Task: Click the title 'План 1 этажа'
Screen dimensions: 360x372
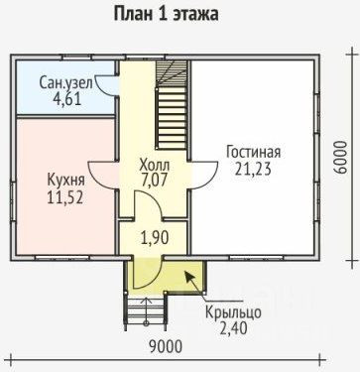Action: pyautogui.click(x=166, y=14)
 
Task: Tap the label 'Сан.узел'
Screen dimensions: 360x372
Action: pyautogui.click(x=66, y=83)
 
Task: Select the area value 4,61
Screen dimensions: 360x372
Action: pyautogui.click(x=66, y=99)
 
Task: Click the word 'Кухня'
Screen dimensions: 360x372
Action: pyautogui.click(x=66, y=180)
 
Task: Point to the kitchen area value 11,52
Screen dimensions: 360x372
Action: pyautogui.click(x=64, y=197)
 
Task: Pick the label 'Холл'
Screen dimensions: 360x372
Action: pyautogui.click(x=155, y=164)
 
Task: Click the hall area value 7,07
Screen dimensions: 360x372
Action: pyautogui.click(x=154, y=181)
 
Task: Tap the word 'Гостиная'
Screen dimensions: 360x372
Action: pyautogui.click(x=254, y=153)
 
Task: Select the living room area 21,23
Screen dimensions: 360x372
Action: pyautogui.click(x=253, y=169)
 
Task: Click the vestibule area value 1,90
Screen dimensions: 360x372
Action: pyautogui.click(x=155, y=237)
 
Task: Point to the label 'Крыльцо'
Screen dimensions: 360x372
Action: pyautogui.click(x=233, y=312)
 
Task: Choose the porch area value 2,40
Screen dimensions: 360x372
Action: pyautogui.click(x=233, y=328)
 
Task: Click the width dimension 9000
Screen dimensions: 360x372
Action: pyautogui.click(x=166, y=347)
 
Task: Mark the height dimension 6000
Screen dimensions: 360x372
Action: pyautogui.click(x=340, y=158)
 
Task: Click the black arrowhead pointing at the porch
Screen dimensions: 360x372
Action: pyautogui.click(x=189, y=277)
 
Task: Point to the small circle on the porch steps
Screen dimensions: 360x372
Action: pyautogui.click(x=146, y=322)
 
